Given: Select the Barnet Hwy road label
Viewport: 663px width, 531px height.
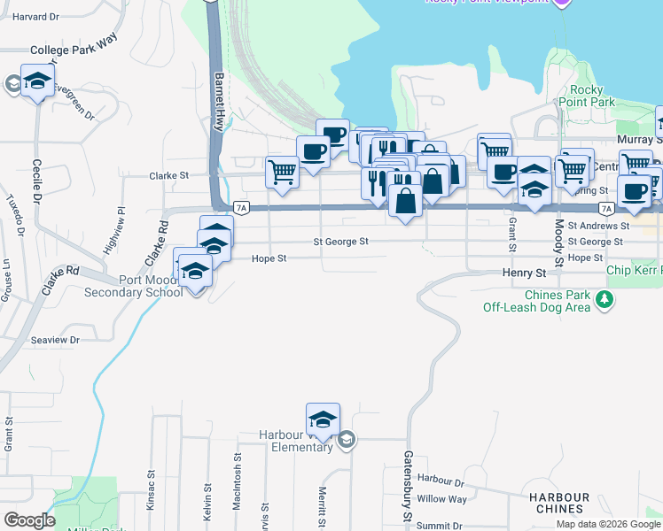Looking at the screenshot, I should (x=218, y=102).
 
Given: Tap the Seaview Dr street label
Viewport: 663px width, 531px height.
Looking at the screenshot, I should (x=55, y=340).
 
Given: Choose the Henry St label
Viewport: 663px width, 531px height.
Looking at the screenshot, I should (x=523, y=274).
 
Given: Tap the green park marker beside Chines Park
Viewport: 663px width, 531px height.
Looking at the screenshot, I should (x=604, y=301).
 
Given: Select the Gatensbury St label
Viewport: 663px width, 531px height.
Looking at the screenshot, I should (x=409, y=487).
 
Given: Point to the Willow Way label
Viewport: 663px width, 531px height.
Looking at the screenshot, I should (x=441, y=499).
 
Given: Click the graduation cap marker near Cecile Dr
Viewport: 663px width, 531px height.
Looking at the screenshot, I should (x=37, y=82).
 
